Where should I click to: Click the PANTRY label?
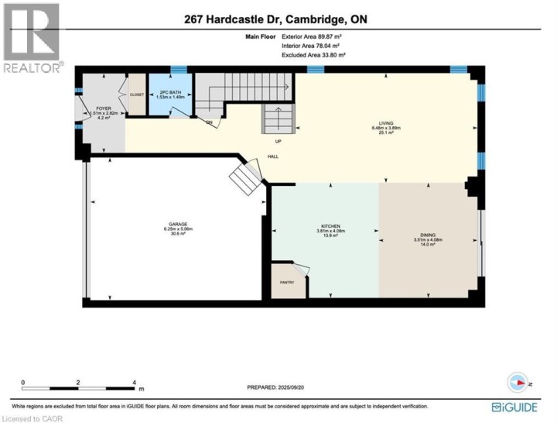[x=286, y=283]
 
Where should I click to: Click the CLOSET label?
[x=137, y=95]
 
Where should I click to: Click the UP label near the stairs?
[x=278, y=141]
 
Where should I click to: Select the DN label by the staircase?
[x=209, y=122]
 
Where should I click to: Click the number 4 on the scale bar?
[x=135, y=382]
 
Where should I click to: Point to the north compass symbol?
[x=517, y=382]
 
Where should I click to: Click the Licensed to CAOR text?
[x=32, y=418]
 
